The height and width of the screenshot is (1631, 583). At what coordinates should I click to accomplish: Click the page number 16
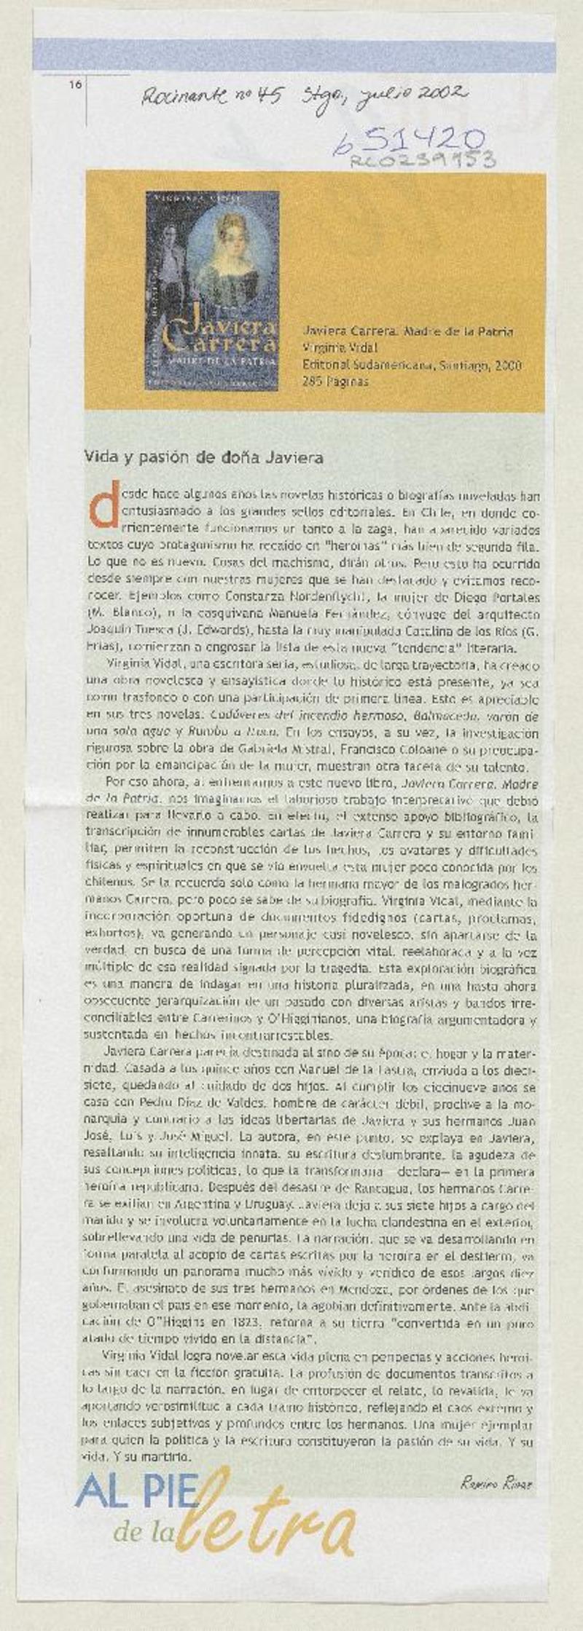pos(74,84)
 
